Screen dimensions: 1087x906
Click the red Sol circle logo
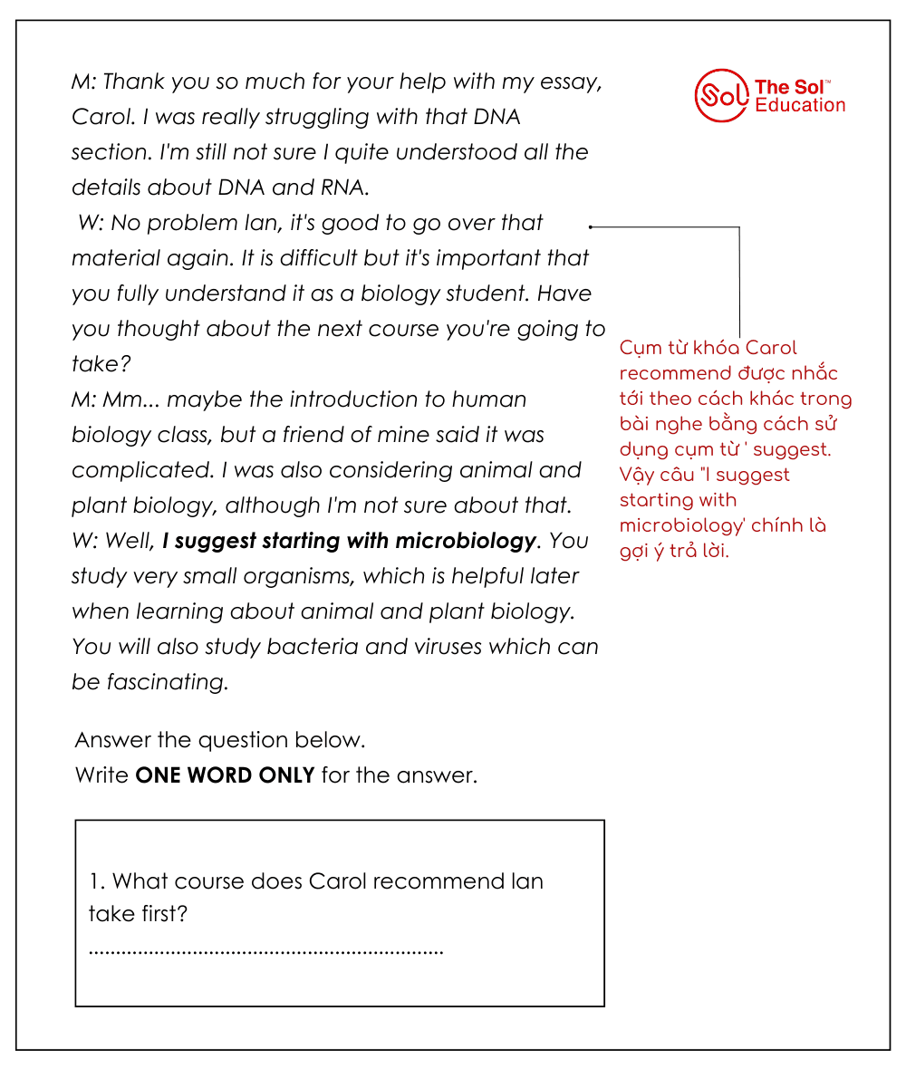[x=721, y=95]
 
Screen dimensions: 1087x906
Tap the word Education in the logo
[x=800, y=105]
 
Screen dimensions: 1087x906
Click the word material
[x=115, y=258]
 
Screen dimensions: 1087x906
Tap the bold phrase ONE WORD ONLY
[x=225, y=775]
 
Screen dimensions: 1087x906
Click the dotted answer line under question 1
[x=266, y=951]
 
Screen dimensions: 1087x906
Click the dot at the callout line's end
[x=591, y=226]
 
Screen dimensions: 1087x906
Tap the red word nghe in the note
[x=670, y=423]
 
